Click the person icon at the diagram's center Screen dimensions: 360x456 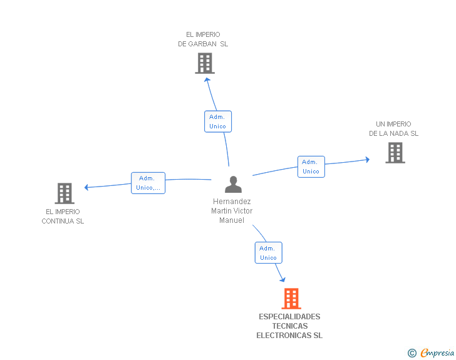(x=233, y=185)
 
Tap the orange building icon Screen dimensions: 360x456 (x=291, y=299)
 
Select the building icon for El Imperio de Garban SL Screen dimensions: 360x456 (x=205, y=63)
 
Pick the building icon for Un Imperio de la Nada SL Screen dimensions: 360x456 (x=395, y=153)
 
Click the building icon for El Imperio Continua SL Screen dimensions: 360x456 (x=65, y=193)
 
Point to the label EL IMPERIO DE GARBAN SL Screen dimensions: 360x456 (x=203, y=39)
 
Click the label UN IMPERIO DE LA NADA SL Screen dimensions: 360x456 (x=393, y=129)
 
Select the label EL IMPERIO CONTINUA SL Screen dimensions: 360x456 (x=63, y=217)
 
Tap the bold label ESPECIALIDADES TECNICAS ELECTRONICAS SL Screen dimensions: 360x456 (x=289, y=326)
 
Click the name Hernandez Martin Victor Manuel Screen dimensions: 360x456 (x=232, y=211)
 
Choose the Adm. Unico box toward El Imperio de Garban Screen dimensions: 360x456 (x=218, y=121)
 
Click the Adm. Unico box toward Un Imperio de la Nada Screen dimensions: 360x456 (x=311, y=167)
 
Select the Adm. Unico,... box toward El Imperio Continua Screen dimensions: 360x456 (x=148, y=183)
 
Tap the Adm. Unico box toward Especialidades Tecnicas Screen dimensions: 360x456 (x=268, y=253)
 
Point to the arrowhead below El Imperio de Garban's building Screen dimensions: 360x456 (x=207, y=80)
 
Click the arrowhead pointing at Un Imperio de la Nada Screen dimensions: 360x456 (x=366, y=160)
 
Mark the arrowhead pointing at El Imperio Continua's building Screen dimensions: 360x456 (x=88, y=187)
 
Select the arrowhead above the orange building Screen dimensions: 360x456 (x=282, y=279)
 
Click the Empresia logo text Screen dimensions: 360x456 (x=437, y=352)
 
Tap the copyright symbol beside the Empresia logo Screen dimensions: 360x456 (x=412, y=353)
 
